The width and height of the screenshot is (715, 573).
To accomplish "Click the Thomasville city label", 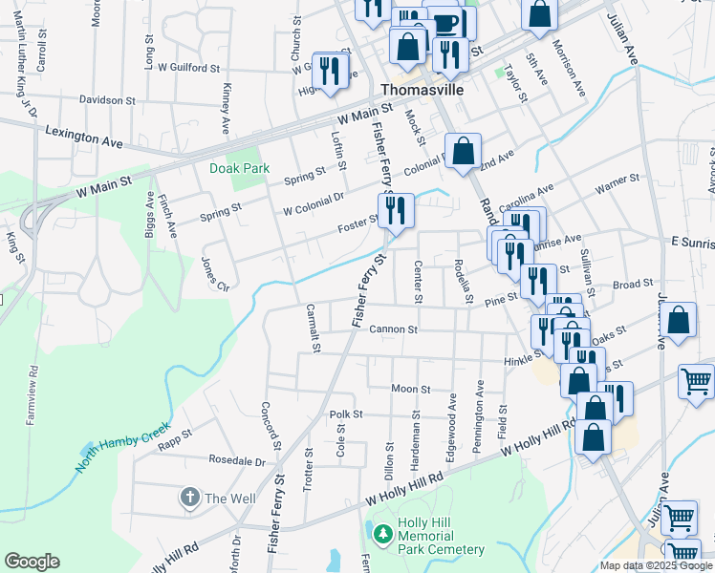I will click(422, 89).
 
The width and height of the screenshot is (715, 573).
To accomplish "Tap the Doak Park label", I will click(240, 168).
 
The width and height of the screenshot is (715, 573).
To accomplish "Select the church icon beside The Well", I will click(189, 498).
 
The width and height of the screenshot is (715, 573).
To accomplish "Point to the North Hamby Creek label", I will click(123, 448).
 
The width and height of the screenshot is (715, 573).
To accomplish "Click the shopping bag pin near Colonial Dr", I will click(464, 153).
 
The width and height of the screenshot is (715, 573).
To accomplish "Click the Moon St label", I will click(411, 389).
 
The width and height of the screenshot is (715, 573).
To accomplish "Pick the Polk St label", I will click(346, 414).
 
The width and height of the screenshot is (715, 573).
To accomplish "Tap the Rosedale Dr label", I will click(236, 460).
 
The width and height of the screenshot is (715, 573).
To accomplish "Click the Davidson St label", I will click(107, 99).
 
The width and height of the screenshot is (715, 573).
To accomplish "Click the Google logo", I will click(32, 562).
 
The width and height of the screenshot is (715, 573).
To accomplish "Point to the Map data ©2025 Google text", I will click(654, 565).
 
